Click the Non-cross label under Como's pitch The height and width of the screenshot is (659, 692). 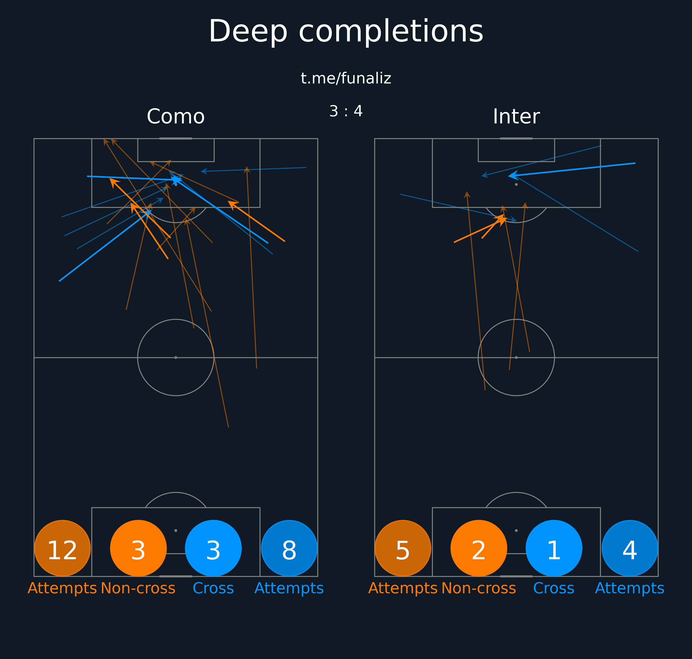(138, 588)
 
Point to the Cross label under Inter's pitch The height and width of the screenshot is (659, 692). (554, 588)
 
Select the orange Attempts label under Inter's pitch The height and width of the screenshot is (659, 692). (403, 588)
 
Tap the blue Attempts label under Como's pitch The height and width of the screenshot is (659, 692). (289, 588)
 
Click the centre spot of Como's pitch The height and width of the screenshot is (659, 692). (176, 358)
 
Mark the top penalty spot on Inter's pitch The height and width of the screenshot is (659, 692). (516, 185)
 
